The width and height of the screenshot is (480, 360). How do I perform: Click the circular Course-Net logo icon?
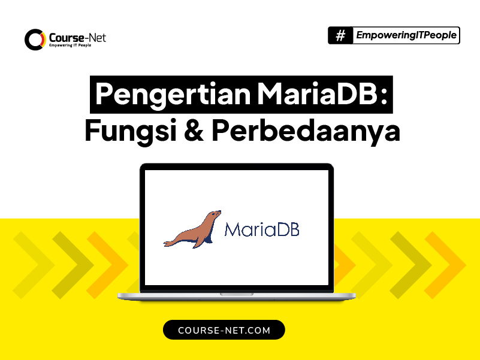[35, 40]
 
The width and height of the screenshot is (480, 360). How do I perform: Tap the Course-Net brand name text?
[78, 37]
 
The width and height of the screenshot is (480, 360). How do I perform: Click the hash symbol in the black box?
[340, 36]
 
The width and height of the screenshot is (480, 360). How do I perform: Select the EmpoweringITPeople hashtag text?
[406, 36]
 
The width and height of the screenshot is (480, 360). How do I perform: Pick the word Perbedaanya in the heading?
[306, 131]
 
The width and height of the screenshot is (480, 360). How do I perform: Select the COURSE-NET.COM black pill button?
[224, 330]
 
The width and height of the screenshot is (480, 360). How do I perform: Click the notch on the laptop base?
[236, 294]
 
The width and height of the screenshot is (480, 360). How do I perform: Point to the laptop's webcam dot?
[236, 166]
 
